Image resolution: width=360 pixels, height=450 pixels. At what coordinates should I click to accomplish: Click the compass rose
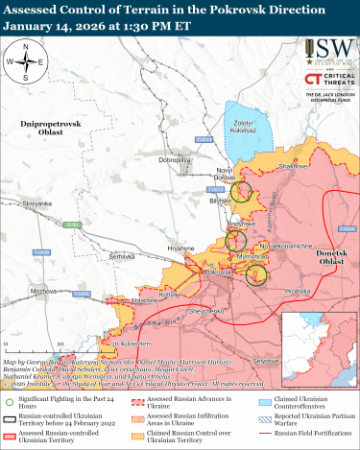pos(30,62)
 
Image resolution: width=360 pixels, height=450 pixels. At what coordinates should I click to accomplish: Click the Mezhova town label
pos(43,290)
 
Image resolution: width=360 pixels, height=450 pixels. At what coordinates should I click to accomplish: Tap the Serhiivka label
pos(122,257)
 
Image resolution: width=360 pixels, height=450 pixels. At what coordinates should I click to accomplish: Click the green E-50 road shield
pos(69,225)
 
